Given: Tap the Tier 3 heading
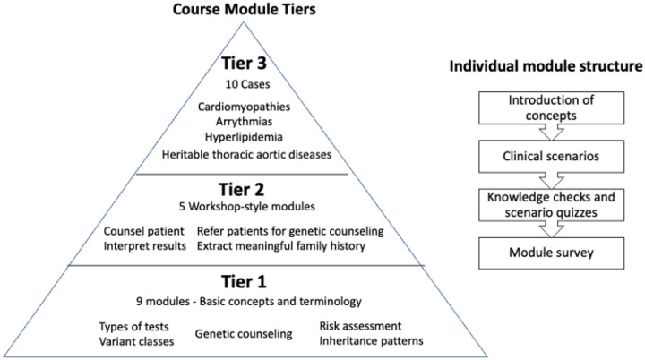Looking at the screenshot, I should pos(245,64).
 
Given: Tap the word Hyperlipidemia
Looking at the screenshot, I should pos(245,138).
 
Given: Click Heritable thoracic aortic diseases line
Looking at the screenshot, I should pos(244,154).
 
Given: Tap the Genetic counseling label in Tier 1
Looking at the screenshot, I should pos(245,333).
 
